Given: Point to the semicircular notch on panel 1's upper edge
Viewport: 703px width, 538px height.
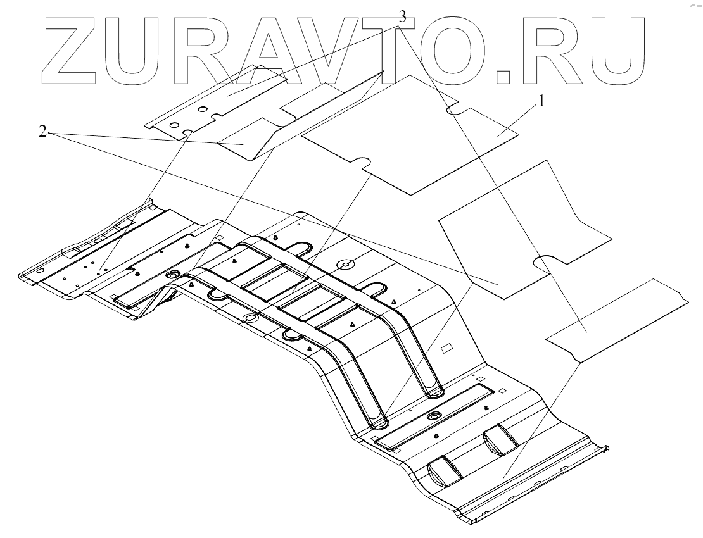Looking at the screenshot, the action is pyautogui.click(x=457, y=109).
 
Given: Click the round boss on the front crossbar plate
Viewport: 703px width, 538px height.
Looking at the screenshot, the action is pyautogui.click(x=434, y=416).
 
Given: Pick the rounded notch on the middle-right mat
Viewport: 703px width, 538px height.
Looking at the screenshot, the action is pyautogui.click(x=545, y=261).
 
